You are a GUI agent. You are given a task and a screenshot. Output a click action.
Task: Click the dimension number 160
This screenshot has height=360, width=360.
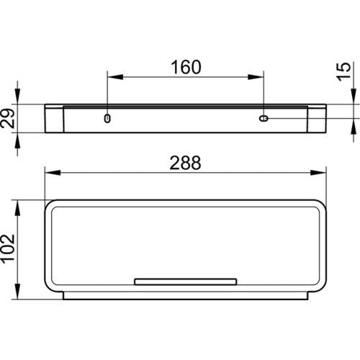click(186, 67)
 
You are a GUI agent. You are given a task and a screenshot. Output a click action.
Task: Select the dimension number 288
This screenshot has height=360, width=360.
click(185, 163)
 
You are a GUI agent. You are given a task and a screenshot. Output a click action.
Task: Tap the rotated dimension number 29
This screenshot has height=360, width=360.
click(7, 118)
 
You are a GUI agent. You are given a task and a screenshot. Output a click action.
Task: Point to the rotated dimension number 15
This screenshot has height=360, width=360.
click(343, 71)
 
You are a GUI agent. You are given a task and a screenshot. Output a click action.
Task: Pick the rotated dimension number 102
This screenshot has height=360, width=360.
click(8, 248)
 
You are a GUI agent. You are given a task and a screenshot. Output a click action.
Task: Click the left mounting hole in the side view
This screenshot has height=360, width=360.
click(107, 118)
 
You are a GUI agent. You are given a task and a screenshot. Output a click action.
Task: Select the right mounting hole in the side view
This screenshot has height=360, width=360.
click(264, 118)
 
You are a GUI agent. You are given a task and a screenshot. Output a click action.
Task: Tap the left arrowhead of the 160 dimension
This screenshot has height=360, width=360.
click(115, 77)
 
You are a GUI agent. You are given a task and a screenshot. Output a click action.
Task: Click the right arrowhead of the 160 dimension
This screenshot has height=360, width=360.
click(256, 77)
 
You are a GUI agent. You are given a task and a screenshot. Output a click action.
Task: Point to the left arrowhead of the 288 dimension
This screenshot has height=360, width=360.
click(53, 173)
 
